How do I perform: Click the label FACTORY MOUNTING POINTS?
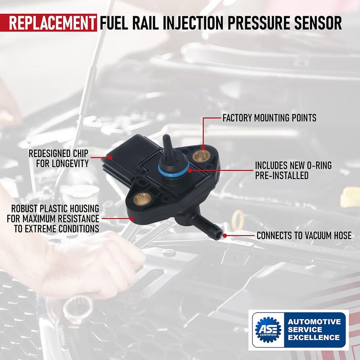tap(270, 118)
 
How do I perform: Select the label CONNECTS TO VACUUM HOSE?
tap(304, 235)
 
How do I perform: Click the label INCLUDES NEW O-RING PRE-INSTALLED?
tap(293, 171)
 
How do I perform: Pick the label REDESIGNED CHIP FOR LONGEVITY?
tap(58, 158)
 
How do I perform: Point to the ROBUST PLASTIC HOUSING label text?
tap(53, 218)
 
